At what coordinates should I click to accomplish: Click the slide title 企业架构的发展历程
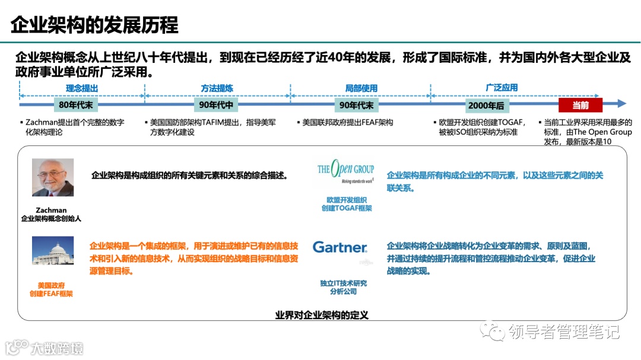point(95,25)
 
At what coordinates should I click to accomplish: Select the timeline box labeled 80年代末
point(76,105)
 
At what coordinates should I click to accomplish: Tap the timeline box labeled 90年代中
point(217,105)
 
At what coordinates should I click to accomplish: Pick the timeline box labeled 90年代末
point(356,105)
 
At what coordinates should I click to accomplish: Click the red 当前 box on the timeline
point(580,105)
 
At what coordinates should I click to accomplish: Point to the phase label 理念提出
point(82,88)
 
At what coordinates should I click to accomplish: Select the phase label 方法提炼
point(217,88)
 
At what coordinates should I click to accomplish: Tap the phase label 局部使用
point(361,88)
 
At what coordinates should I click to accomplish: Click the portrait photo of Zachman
point(53,177)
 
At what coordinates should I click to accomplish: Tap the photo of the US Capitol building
point(53,250)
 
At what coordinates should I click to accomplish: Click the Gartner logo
point(340,247)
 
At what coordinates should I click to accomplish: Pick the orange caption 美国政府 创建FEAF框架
point(51,289)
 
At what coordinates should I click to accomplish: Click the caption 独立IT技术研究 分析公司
point(344,287)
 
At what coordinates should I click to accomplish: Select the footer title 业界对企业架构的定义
point(322,315)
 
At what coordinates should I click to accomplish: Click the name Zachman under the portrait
point(51,210)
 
